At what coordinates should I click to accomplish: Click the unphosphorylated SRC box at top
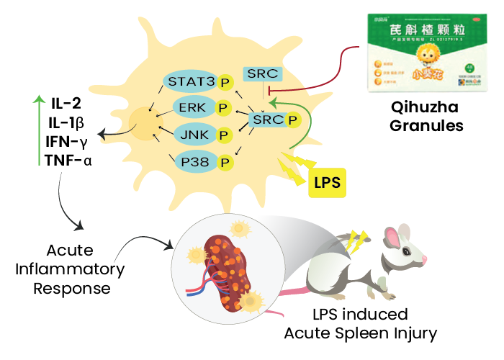262,73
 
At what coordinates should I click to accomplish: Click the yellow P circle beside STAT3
224,82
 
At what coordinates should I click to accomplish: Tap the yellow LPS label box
325,181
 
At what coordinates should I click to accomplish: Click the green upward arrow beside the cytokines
38,130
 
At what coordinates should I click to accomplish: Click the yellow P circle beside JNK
224,135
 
